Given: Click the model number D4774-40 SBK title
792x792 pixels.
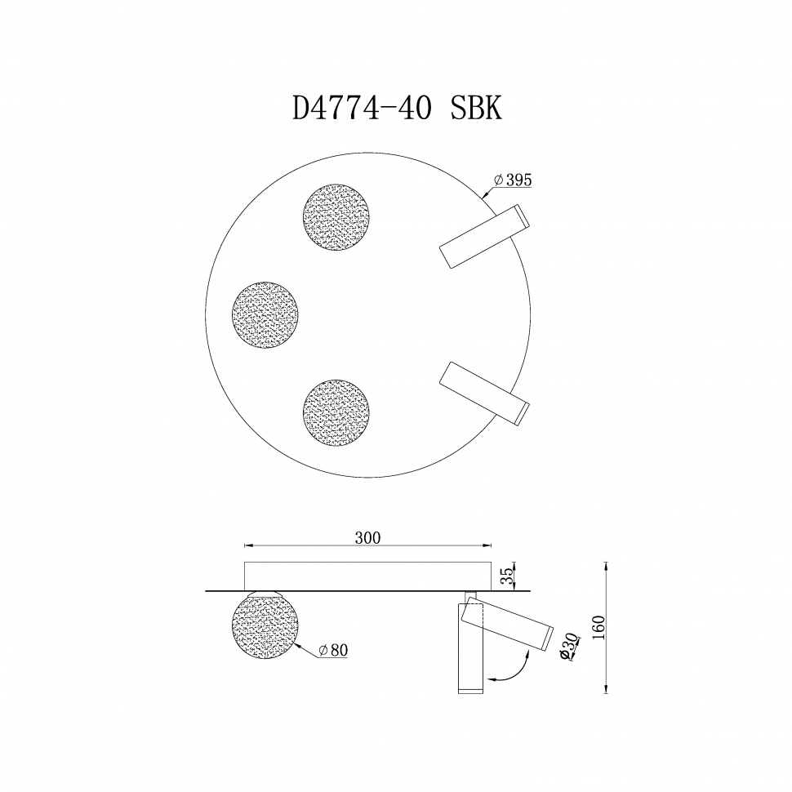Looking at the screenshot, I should point(397,109).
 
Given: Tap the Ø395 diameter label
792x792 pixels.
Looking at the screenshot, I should point(513,181).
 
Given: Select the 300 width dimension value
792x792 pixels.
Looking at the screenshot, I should point(368,538).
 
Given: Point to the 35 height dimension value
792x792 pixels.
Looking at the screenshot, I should point(507,576).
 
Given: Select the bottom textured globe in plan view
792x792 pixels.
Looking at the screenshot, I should point(336,411).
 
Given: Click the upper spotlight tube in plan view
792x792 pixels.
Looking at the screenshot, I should point(484,237).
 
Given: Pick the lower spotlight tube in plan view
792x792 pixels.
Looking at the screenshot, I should point(484,393).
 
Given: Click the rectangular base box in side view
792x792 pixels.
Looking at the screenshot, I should point(368,576).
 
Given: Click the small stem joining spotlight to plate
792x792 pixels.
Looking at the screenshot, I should point(469,596).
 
